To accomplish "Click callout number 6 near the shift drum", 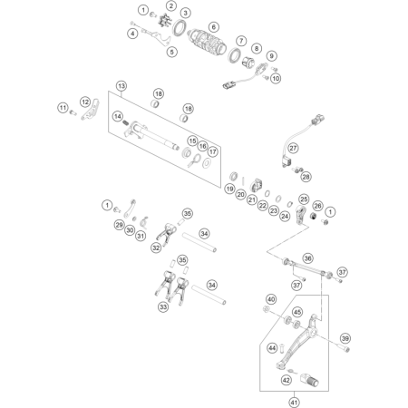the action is [x=214, y=27].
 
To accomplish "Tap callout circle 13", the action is [x=121, y=86].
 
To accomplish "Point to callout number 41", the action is [x=294, y=403].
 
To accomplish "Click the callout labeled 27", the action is [x=293, y=148].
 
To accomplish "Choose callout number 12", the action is [x=85, y=102].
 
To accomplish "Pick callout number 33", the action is [x=163, y=307].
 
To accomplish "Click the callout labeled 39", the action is [x=345, y=338].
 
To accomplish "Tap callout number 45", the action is [x=297, y=312].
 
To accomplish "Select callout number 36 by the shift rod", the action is [x=307, y=258].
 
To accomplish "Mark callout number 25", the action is [x=304, y=199].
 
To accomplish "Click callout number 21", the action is [x=252, y=199].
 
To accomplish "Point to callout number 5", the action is [x=171, y=52].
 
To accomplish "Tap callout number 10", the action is [x=276, y=78].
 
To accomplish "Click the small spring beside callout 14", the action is [x=126, y=122].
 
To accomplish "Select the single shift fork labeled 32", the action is [x=167, y=234].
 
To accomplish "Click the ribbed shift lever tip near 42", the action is [x=310, y=380].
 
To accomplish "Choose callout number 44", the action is [x=272, y=348].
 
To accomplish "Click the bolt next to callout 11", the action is [x=73, y=112].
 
